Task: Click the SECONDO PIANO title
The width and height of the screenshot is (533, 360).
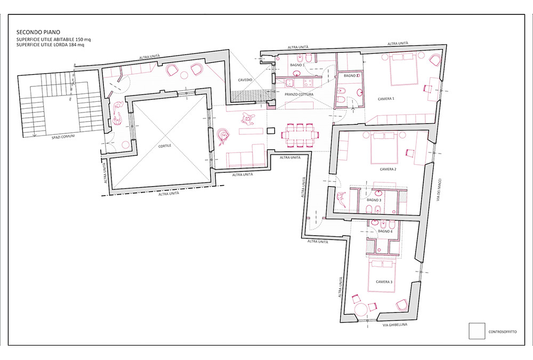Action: pyautogui.click(x=38, y=33)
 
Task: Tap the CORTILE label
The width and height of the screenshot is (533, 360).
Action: pyautogui.click(x=165, y=146)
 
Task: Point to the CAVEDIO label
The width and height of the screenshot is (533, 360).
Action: pyautogui.click(x=245, y=80)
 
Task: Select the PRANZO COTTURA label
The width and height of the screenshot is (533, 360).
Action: pyautogui.click(x=299, y=94)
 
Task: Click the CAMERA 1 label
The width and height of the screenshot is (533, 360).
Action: pyautogui.click(x=386, y=99)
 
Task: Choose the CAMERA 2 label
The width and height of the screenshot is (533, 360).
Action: pyautogui.click(x=388, y=169)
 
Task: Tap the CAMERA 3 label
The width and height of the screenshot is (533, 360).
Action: pyautogui.click(x=384, y=282)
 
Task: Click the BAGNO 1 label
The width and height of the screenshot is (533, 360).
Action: pyautogui.click(x=297, y=65)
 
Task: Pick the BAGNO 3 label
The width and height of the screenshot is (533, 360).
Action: pyautogui.click(x=374, y=200)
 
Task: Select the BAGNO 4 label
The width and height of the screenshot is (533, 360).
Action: pyautogui.click(x=385, y=231)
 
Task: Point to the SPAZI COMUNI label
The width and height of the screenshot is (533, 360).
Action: pyautogui.click(x=63, y=137)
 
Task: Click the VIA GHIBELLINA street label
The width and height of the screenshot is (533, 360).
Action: pyautogui.click(x=395, y=325)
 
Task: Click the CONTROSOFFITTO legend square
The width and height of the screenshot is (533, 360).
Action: pyautogui.click(x=477, y=331)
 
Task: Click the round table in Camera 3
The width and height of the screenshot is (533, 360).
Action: pyautogui.click(x=361, y=310)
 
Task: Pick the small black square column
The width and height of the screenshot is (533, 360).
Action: pyautogui.click(x=271, y=131)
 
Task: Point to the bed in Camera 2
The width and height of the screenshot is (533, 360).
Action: pyautogui.click(x=384, y=148)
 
